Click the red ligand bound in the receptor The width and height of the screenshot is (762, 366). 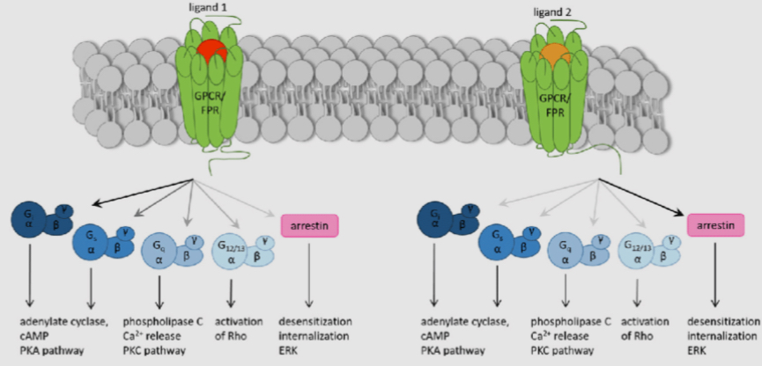coord(211,52)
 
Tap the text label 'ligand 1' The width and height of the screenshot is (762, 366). coord(210,8)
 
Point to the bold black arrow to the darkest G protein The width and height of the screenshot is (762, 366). coord(123,195)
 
